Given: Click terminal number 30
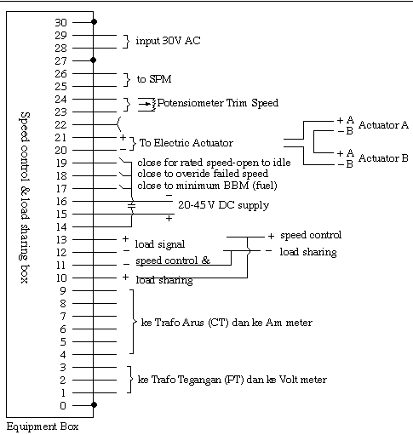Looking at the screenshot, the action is coord(60,22).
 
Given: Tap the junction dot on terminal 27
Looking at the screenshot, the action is coord(94,60).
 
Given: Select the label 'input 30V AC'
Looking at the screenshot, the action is coord(168,41).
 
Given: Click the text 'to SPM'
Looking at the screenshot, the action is coord(154,79).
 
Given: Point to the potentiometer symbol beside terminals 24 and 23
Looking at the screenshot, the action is coord(146,104).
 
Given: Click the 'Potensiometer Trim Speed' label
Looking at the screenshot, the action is coord(218,103).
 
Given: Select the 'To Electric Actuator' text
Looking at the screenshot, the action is coord(186,143).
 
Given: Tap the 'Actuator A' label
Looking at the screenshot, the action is coord(383,125).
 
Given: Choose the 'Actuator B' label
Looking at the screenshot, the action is coord(383,157).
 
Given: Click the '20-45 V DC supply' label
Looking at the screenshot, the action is coord(223,205).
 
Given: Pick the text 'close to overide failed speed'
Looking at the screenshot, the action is coord(203,174).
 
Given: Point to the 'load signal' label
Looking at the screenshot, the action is coord(160,244).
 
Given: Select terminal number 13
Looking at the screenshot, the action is coord(61,240).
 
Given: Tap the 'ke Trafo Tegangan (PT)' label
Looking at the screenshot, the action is coord(191,380).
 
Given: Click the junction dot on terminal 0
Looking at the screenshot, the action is coord(94,405).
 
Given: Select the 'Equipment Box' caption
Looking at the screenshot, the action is coord(43,426).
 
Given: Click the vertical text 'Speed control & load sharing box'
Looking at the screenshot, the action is coord(25,197).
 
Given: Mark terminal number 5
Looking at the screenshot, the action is coord(63,342).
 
